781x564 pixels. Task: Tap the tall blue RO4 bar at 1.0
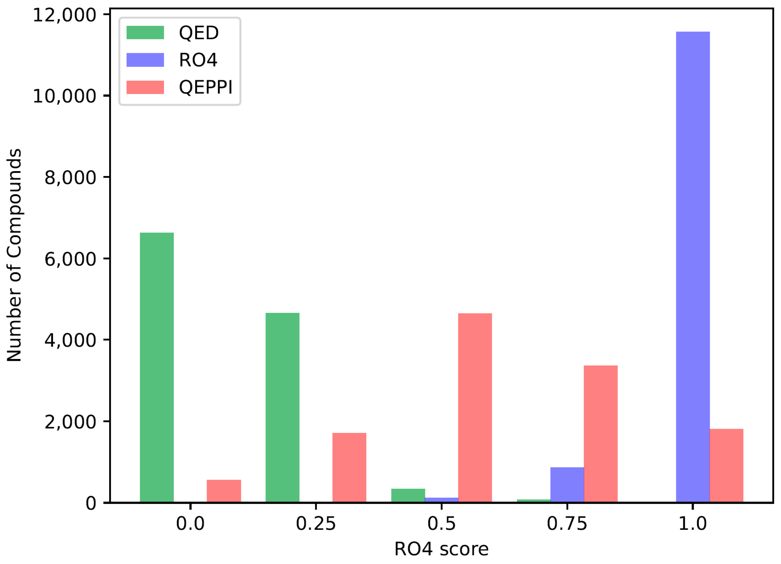[693, 267]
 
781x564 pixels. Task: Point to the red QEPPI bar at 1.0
[726, 465]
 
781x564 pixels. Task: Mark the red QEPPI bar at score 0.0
[224, 491]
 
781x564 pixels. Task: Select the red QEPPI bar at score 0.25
[349, 468]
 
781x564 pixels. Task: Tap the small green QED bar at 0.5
[408, 495]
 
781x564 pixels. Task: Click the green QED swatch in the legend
[145, 33]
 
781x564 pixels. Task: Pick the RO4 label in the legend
[198, 60]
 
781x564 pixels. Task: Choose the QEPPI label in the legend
[206, 87]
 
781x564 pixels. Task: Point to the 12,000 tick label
[64, 15]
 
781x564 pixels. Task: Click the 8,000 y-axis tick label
[70, 178]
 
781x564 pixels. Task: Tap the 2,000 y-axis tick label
[70, 422]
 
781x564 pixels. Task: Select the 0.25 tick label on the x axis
[315, 524]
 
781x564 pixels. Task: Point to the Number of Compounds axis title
[14, 255]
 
